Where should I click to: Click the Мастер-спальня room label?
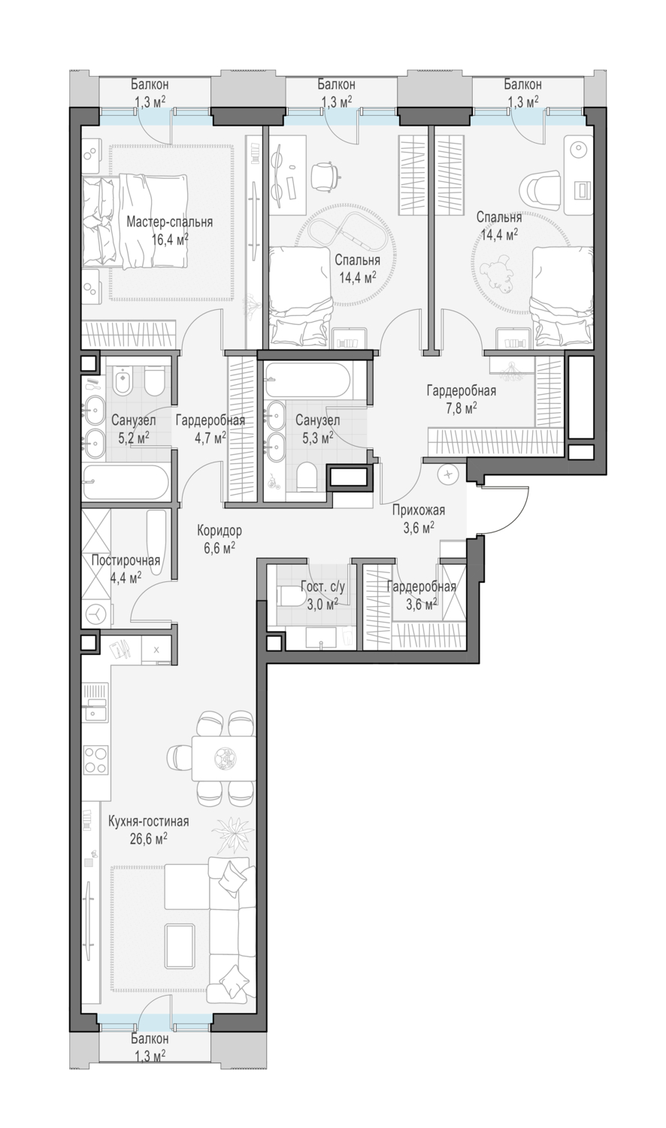pos(170,222)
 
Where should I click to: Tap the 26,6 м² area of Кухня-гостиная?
pos(148,838)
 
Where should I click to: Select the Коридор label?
pos(219,530)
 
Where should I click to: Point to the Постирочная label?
pos(126,560)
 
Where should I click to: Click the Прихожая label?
pos(419,510)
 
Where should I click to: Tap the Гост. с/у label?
pos(322,586)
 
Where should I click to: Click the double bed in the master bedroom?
pos(135,220)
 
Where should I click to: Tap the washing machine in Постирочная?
pos(96,613)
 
